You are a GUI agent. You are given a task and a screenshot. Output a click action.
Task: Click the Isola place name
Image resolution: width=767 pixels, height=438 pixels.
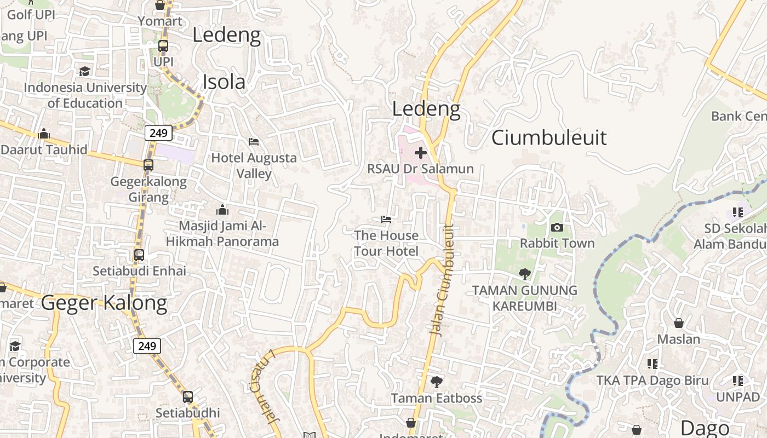point(224,82)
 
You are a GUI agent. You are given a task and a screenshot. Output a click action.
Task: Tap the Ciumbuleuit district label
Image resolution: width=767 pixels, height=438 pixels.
point(549,137)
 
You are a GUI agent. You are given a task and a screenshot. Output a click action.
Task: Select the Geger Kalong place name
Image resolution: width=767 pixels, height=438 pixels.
point(104,303)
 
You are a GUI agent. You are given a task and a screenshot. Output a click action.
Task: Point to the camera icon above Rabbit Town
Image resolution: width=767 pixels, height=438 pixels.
point(557,227)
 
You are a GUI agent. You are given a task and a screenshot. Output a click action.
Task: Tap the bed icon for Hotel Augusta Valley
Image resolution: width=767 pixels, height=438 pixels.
point(254,141)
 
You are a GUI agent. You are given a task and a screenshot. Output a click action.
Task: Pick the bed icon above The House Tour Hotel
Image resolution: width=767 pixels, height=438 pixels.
point(386,220)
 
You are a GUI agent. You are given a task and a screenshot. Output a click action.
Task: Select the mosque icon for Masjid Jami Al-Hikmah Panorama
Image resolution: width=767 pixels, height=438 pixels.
point(222,210)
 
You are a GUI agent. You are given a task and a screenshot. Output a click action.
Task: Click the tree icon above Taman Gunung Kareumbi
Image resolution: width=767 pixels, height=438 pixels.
point(525,274)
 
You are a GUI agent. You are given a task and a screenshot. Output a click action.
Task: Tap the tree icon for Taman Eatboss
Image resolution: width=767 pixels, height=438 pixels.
point(437,382)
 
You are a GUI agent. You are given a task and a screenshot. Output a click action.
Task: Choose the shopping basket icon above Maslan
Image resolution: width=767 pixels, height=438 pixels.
point(679,323)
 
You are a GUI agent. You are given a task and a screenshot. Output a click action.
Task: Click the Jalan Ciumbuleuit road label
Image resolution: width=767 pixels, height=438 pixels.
point(443,280)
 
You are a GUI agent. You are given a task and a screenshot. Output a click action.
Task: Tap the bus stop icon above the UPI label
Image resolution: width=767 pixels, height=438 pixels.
point(163,46)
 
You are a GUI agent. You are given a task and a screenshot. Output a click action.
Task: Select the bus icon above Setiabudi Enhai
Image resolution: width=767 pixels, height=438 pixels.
point(139,255)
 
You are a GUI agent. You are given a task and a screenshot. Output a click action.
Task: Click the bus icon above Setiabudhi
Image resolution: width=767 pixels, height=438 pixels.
point(188,397)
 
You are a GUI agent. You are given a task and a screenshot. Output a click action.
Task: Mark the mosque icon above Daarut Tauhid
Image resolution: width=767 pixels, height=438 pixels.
point(44,134)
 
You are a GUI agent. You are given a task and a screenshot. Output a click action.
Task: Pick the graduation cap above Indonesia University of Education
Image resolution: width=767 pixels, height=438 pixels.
point(84,71)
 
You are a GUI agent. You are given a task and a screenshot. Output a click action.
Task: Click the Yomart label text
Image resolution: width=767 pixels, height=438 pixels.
point(160,21)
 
